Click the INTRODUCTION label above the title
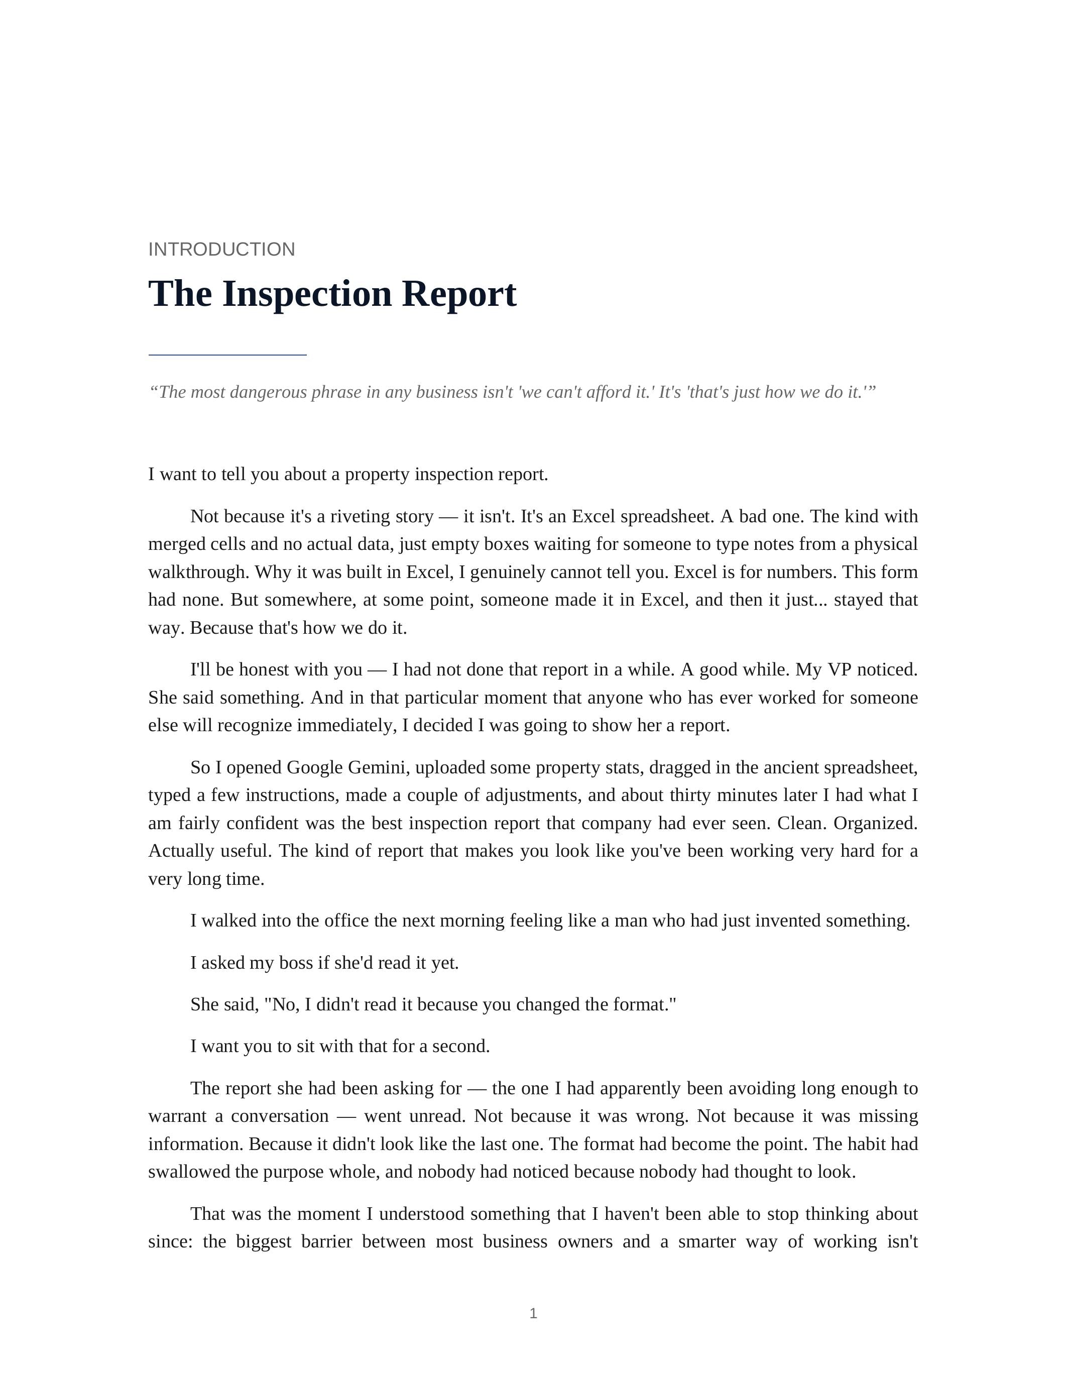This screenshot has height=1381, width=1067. (221, 249)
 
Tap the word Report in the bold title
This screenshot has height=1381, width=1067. (459, 294)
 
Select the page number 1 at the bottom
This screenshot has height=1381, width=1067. (533, 1313)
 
